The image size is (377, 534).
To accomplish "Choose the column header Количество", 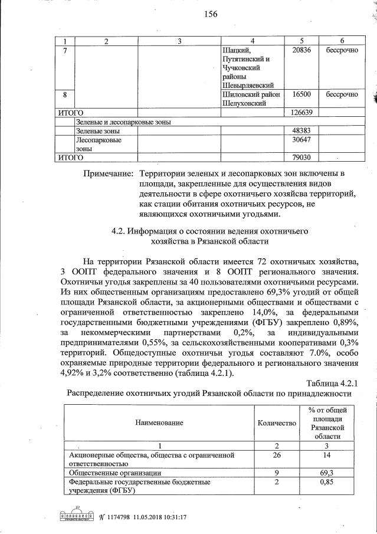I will (277, 423).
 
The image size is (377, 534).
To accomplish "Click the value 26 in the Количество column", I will (277, 456).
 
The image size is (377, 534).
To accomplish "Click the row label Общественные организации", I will (112, 473).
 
